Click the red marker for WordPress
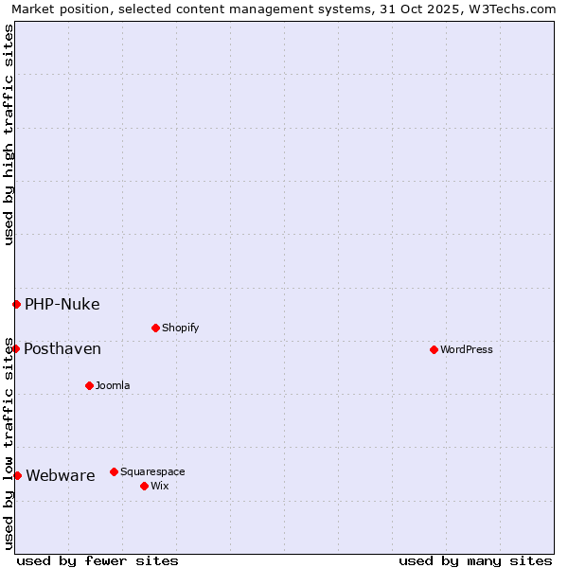(434, 349)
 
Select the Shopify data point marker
(155, 328)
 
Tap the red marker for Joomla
(89, 385)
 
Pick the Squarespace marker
(114, 471)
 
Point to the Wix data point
(144, 486)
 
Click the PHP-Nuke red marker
(16, 304)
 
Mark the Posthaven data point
(15, 348)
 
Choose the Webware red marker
(17, 475)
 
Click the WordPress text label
(467, 349)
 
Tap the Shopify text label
(180, 328)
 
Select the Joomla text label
(113, 385)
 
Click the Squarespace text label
(152, 471)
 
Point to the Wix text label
(159, 486)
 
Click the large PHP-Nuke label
(62, 305)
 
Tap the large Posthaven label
(62, 349)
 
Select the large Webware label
(61, 476)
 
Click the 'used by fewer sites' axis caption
(98, 560)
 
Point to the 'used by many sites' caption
(475, 560)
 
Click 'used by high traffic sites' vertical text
(9, 135)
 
